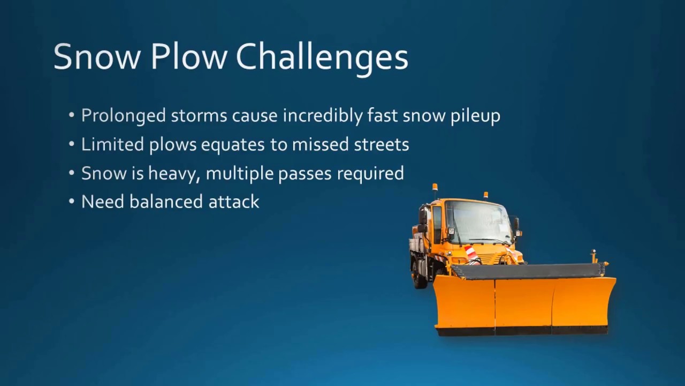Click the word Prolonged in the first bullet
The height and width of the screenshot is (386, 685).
(124, 115)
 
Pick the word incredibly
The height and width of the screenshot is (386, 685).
(324, 115)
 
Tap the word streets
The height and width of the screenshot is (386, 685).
(382, 144)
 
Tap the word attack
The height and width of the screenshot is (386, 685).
(234, 202)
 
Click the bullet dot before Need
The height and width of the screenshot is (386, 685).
(72, 202)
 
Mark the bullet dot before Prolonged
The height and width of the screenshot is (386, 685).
(72, 116)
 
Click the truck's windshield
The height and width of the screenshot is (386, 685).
(478, 221)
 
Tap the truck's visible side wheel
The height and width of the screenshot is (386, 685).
(419, 274)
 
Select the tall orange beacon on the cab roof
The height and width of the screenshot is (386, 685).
(435, 189)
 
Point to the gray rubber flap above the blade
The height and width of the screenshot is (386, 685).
(527, 271)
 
